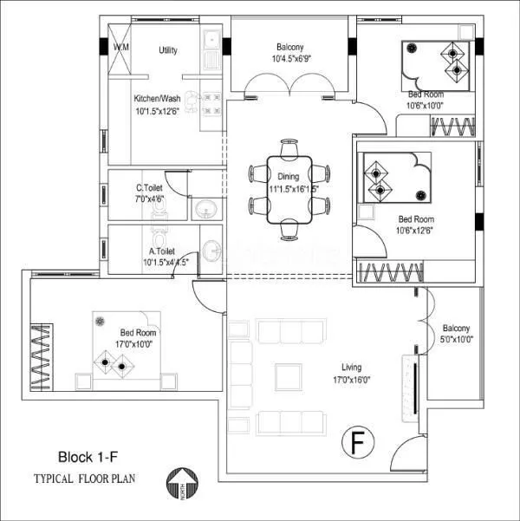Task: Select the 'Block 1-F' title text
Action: coord(89,457)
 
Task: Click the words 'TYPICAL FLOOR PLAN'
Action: coord(85,478)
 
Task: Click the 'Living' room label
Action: coord(345,367)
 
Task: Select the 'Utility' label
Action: coord(168,50)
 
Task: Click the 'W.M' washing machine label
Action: coord(121,48)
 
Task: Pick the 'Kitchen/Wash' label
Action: coord(158,99)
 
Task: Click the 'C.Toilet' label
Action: coord(151,187)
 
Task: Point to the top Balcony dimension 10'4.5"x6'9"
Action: coord(289,59)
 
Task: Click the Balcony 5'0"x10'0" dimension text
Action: coord(456,341)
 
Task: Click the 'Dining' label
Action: coord(289,176)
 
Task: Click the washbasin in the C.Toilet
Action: coord(205,209)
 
